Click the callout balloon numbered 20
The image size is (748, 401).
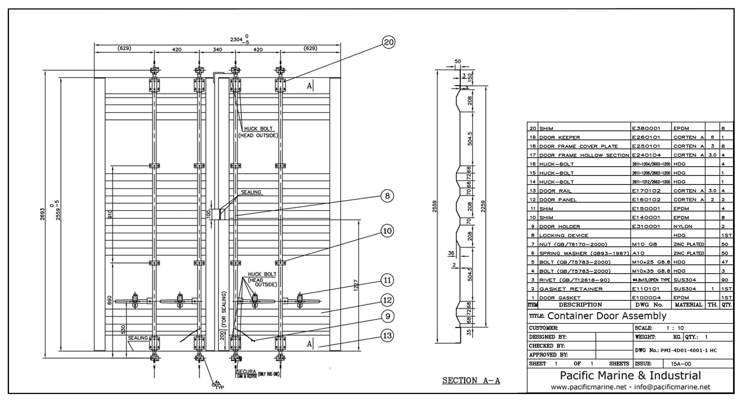pyautogui.click(x=388, y=42)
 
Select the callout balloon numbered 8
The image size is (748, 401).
pyautogui.click(x=387, y=196)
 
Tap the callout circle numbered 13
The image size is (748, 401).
pyautogui.click(x=387, y=335)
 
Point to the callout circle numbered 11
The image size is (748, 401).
pyautogui.click(x=387, y=280)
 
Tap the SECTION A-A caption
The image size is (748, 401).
pyautogui.click(x=471, y=381)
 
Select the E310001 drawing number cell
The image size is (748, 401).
pyautogui.click(x=646, y=226)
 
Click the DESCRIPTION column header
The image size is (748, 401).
pyautogui.click(x=580, y=305)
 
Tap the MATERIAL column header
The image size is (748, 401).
pyautogui.click(x=688, y=305)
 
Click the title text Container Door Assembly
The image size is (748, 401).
pyautogui.click(x=606, y=316)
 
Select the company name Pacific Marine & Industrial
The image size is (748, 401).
pyautogui.click(x=630, y=376)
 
